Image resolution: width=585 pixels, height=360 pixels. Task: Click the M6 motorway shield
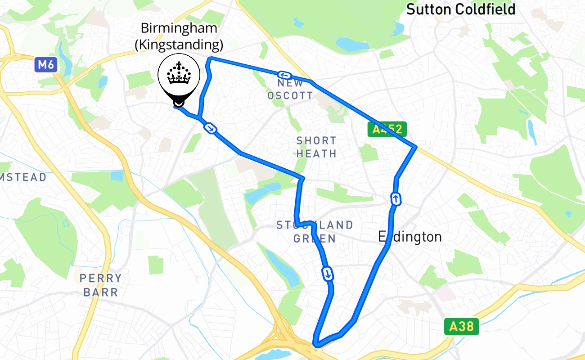tap(45, 65)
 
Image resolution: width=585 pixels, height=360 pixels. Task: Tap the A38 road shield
tap(461, 326)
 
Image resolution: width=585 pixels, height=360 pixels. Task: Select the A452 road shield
tap(387, 130)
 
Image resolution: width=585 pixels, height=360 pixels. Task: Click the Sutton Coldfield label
tap(461, 9)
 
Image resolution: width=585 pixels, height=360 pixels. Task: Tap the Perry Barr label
tap(100, 285)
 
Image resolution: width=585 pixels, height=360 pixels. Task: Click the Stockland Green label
tap(315, 231)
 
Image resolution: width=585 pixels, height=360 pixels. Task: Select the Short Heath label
tap(316, 147)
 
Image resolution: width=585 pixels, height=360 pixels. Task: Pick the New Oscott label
tap(290, 89)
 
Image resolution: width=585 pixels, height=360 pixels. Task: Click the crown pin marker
tap(179, 79)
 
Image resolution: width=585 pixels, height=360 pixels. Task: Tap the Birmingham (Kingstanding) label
tap(179, 36)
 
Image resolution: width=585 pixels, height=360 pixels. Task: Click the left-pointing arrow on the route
tap(284, 75)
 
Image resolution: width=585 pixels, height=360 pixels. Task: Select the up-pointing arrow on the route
tap(396, 198)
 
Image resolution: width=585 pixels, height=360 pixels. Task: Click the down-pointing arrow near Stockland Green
tap(328, 273)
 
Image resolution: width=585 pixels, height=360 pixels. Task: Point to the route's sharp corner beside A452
tap(415, 147)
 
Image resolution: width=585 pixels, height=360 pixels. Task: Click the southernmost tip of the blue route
tap(316, 345)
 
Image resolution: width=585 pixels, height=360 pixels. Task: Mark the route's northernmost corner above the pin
tap(210, 58)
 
